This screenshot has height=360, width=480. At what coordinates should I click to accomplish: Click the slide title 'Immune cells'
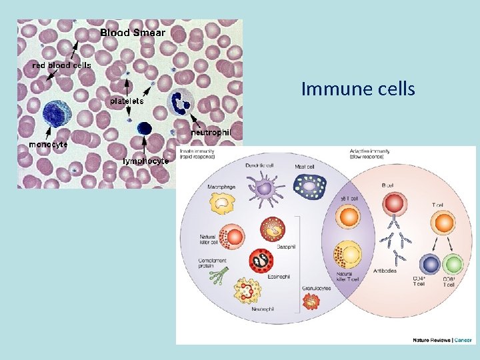click(358, 89)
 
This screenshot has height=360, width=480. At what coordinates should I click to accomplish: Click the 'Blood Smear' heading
click(133, 32)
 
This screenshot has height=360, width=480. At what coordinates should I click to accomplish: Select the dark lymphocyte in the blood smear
click(143, 128)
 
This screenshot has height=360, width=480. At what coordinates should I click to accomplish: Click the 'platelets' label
click(127, 101)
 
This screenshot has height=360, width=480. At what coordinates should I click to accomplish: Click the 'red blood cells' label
click(62, 65)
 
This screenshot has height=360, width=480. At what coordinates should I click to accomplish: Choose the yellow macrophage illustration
click(223, 204)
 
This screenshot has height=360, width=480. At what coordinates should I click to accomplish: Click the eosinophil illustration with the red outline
click(261, 261)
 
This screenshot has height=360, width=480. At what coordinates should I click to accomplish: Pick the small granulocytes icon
click(311, 302)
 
